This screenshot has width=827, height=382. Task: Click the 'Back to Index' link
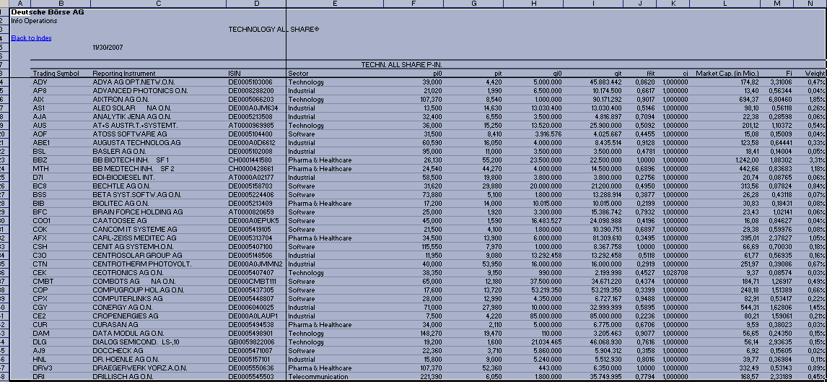pyautogui.click(x=31, y=38)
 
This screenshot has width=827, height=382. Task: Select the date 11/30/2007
pyautogui.click(x=107, y=47)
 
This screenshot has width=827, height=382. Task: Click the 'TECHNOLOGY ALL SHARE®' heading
pyautogui.click(x=274, y=30)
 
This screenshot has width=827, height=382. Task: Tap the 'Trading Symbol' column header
pyautogui.click(x=56, y=74)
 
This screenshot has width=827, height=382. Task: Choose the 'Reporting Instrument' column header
pyautogui.click(x=123, y=74)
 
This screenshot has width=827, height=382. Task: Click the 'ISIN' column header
pyautogui.click(x=235, y=74)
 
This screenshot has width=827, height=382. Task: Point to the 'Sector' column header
pyautogui.click(x=298, y=74)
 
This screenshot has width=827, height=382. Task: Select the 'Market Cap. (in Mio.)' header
pyautogui.click(x=722, y=74)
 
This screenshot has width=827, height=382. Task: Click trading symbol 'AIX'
pyautogui.click(x=39, y=100)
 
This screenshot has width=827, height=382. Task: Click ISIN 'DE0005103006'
pyautogui.click(x=250, y=82)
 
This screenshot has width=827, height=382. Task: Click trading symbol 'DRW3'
pyautogui.click(x=42, y=368)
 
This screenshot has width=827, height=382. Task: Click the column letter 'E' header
pyautogui.click(x=335, y=4)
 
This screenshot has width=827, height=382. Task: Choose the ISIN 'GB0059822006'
pyautogui.click(x=251, y=342)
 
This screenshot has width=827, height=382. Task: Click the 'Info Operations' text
pyautogui.click(x=34, y=21)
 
